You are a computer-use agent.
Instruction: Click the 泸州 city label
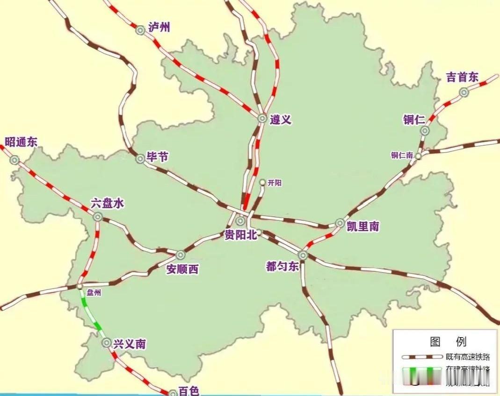pyautogui.click(x=159, y=27)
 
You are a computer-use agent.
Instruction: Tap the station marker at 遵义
pyautogui.click(x=262, y=119)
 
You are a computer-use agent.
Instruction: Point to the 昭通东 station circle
pyautogui.click(x=14, y=160)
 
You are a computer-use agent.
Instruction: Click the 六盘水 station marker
pyautogui.click(x=98, y=217)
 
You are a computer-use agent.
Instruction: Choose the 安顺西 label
pyautogui.click(x=182, y=269)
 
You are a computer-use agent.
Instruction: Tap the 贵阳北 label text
pyautogui.click(x=240, y=235)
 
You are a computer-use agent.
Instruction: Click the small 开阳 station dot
pyautogui.click(x=262, y=182)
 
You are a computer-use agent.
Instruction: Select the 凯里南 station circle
pyautogui.click(x=340, y=223)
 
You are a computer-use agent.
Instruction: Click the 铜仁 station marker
pyautogui.click(x=424, y=131)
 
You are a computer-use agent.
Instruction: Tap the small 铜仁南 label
pyautogui.click(x=402, y=156)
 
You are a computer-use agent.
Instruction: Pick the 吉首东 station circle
pyautogui.click(x=464, y=92)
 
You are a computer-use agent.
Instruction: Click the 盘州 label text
pyautogui.click(x=93, y=293)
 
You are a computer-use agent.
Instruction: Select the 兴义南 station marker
pyautogui.click(x=107, y=342)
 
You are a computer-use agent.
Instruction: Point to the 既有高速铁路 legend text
pyautogui.click(x=468, y=357)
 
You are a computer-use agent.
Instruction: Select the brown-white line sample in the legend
pyautogui.click(x=421, y=357)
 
